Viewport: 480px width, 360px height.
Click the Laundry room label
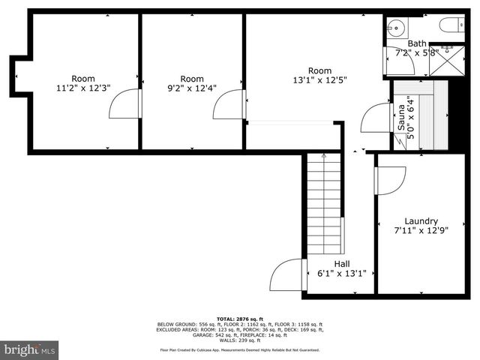coord(420,221)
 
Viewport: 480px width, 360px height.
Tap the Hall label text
coord(341,264)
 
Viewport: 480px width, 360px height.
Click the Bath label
coord(416,43)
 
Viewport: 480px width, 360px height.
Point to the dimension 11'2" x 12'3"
coord(83,88)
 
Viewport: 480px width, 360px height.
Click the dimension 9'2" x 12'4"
coord(192,88)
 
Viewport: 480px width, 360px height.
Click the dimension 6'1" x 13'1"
coord(341,274)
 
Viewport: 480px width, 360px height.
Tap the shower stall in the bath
coord(447,60)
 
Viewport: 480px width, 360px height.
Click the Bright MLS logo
coord(30,349)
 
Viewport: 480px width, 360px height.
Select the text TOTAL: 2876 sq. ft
coord(240,318)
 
